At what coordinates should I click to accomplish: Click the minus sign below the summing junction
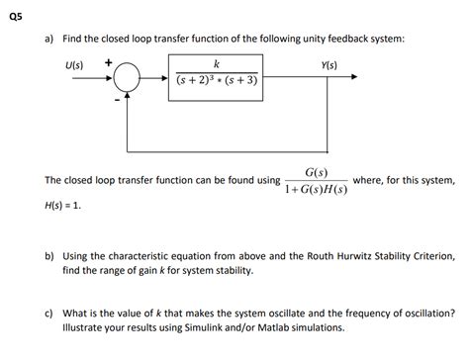[x=116, y=100]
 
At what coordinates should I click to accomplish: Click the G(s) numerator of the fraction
[x=317, y=172]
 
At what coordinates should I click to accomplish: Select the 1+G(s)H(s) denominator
[x=316, y=190]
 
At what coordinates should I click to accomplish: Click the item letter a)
[x=48, y=39]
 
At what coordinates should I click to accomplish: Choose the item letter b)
[x=48, y=255]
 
